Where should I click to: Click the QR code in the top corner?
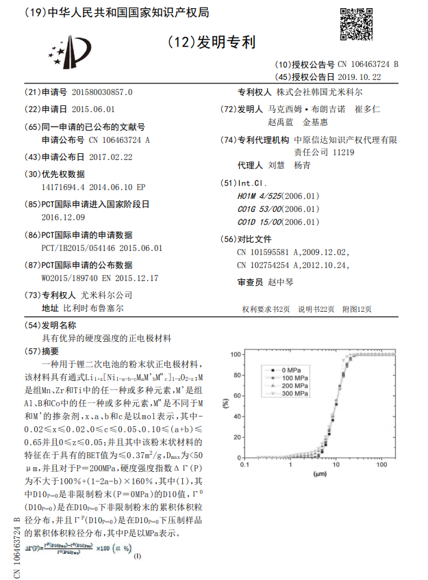tap(356, 24)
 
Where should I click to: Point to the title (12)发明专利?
tap(212, 42)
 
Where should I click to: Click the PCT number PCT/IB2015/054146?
tap(81, 248)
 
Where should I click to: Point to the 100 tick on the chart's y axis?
tap(236, 354)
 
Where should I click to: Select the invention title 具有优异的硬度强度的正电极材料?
tap(108, 339)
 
